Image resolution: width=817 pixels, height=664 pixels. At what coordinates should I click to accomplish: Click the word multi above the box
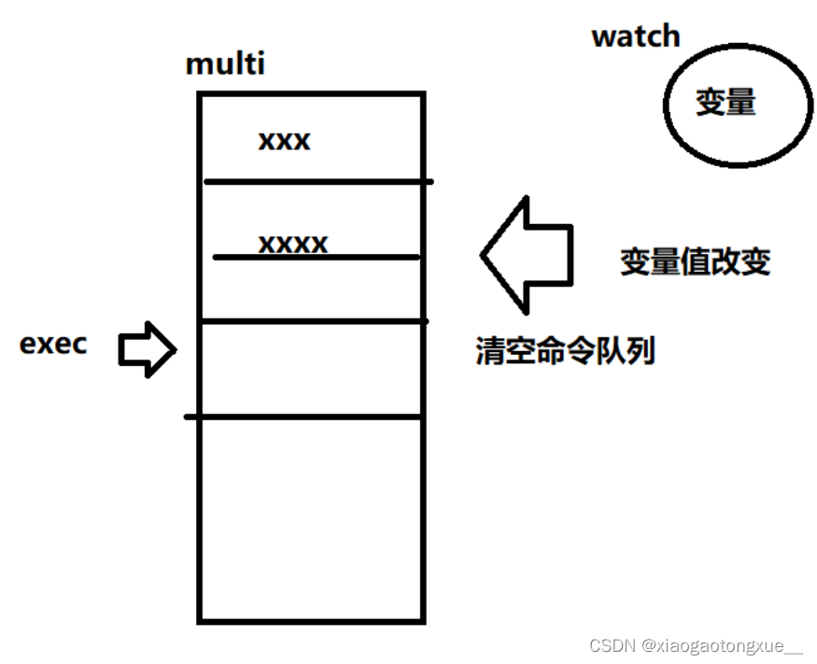click(x=225, y=64)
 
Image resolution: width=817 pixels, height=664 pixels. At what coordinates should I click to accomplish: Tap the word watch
click(x=636, y=36)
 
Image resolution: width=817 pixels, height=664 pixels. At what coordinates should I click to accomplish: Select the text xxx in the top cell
click(x=284, y=141)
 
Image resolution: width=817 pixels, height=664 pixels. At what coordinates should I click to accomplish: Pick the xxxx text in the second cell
click(x=293, y=244)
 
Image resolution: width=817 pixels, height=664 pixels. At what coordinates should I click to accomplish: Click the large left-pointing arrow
click(x=525, y=254)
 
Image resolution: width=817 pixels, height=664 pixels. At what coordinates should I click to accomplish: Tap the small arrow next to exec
click(x=148, y=350)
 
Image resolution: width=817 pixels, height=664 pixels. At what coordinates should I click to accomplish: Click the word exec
click(x=53, y=344)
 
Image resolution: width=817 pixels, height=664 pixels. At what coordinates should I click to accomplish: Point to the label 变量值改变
click(x=695, y=261)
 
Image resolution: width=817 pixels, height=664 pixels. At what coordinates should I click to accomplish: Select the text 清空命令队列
click(x=565, y=351)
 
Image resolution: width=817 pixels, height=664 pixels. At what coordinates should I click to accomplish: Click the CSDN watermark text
click(x=613, y=645)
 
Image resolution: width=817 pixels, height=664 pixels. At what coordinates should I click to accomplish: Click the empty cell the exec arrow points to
click(x=311, y=369)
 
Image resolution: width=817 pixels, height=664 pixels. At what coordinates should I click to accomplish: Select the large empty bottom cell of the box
click(x=311, y=518)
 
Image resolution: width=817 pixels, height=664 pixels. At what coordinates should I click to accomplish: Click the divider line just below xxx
click(x=317, y=181)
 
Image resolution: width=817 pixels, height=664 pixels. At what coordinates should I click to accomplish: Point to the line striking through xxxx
click(x=317, y=257)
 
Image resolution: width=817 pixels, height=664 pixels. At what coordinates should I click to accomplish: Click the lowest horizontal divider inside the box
click(x=304, y=417)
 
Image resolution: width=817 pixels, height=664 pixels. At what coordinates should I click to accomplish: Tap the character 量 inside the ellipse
click(x=740, y=102)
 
